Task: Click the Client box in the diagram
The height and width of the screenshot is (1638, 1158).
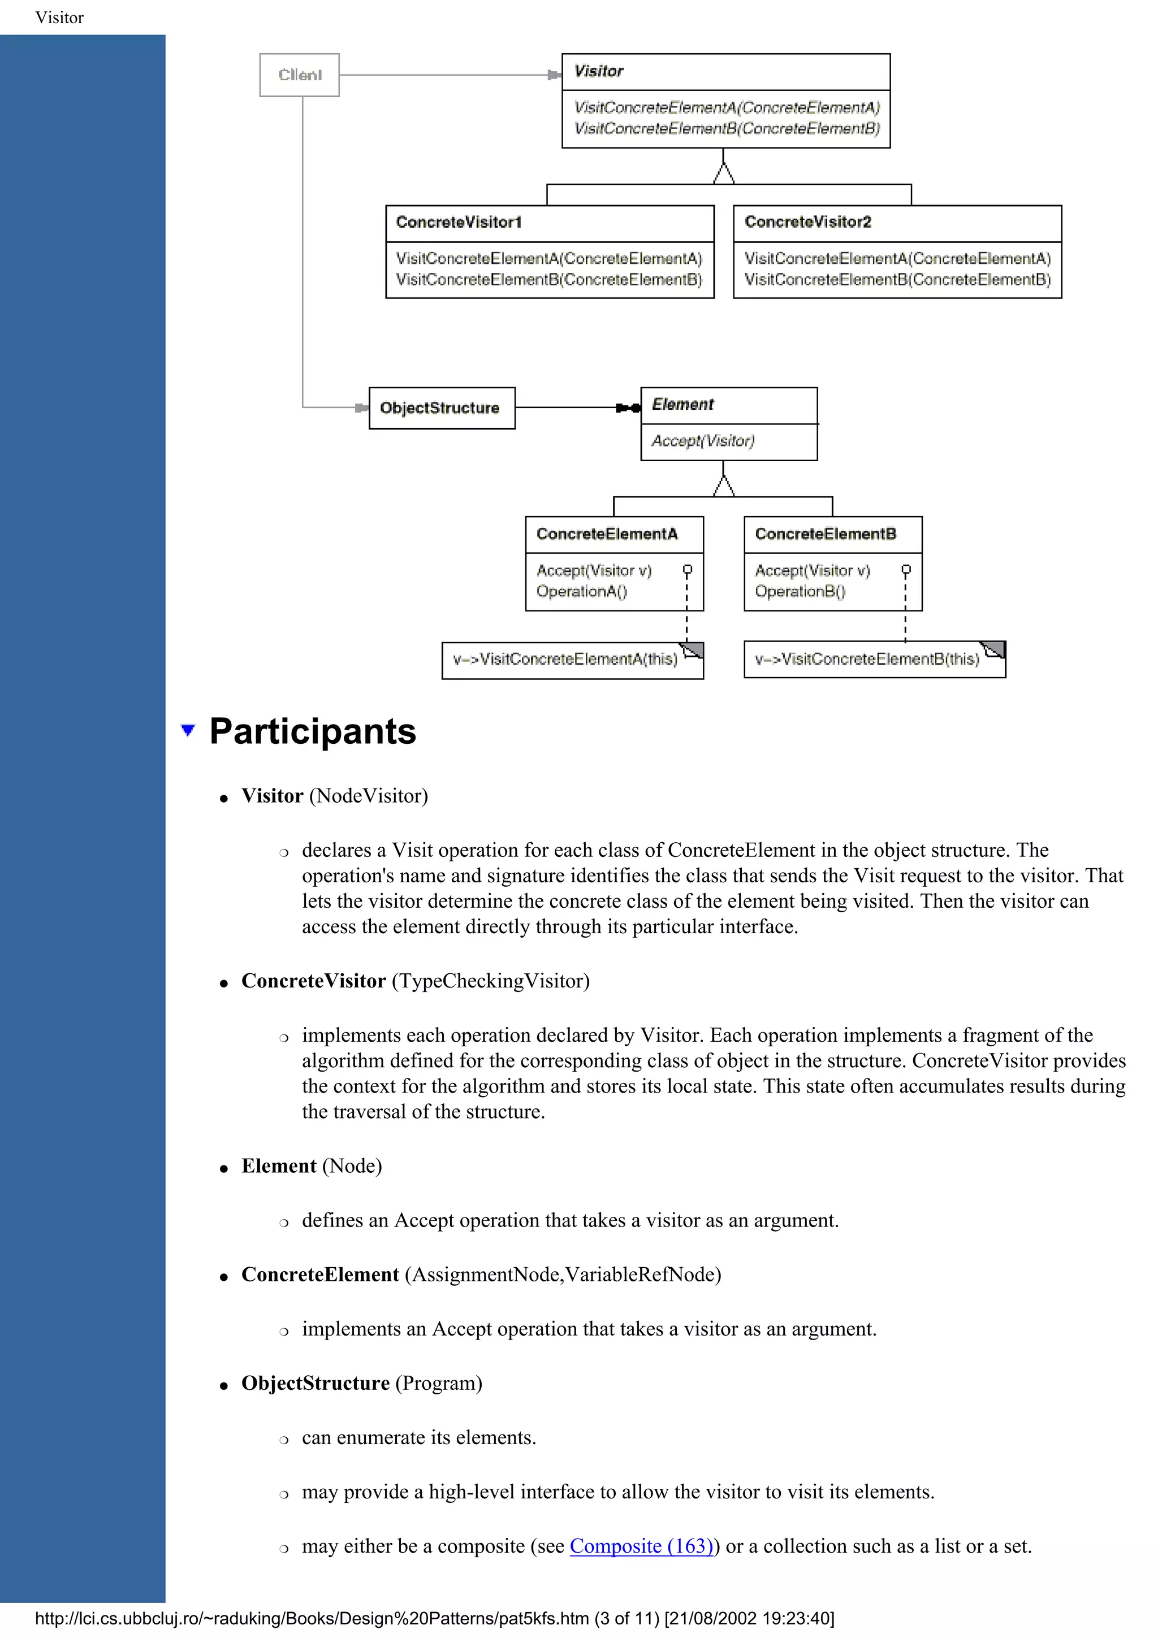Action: (299, 75)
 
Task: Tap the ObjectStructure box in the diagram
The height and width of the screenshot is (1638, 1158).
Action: (441, 408)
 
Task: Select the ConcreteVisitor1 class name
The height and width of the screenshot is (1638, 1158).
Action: (459, 223)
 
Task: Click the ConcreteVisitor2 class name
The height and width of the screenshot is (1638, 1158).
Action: (807, 223)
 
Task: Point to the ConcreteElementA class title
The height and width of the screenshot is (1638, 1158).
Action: (607, 534)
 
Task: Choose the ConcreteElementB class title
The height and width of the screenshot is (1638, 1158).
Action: (826, 534)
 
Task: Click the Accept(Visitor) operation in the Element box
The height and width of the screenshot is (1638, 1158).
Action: (703, 441)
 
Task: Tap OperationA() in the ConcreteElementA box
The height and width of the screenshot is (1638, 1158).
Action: (581, 591)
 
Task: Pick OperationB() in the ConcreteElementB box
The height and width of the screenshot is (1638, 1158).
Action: (800, 591)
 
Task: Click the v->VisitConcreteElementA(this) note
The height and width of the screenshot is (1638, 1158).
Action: (565, 659)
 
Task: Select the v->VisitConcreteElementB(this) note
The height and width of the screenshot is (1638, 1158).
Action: (867, 659)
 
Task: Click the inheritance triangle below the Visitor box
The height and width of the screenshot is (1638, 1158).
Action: (724, 174)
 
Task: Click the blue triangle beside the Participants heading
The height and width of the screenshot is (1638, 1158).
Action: (188, 730)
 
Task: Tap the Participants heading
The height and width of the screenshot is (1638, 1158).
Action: (313, 732)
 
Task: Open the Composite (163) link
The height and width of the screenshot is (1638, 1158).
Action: (641, 1546)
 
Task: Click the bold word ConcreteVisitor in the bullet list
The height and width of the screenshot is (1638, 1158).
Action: (313, 981)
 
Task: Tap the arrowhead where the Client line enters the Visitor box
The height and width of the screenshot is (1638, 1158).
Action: (554, 75)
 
